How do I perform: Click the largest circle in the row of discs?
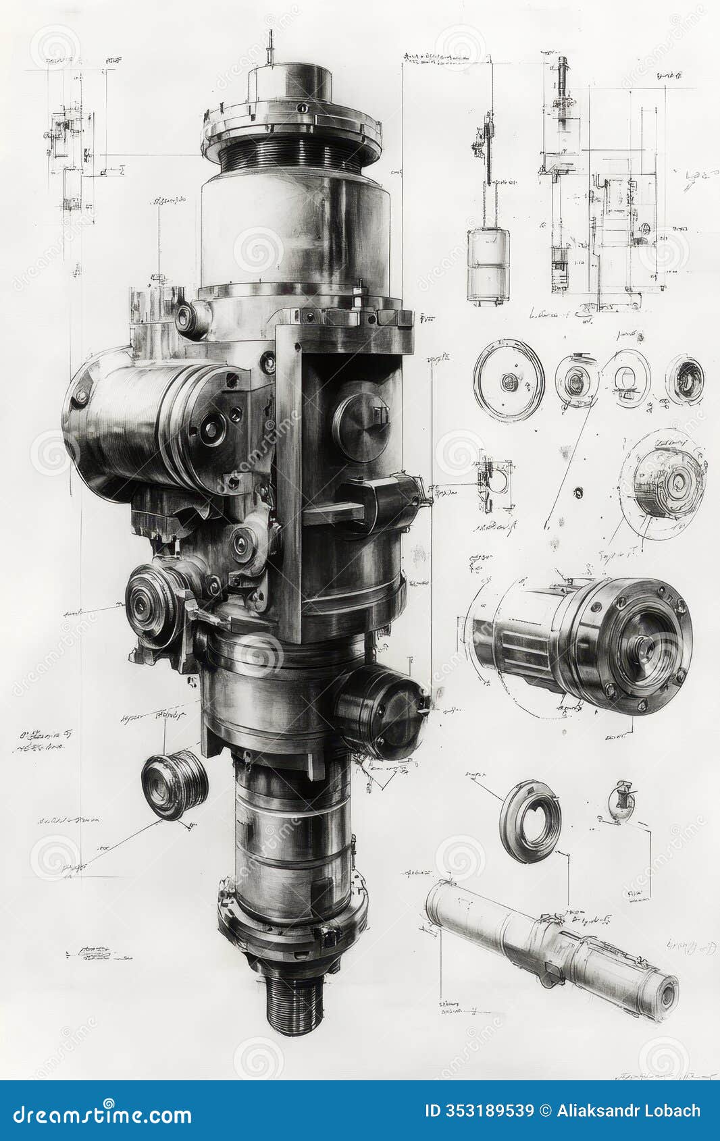[509, 381]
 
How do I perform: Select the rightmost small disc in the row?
[685, 379]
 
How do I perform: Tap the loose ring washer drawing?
[530, 821]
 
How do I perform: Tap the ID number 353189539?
[479, 1111]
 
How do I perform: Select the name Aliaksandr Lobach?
[628, 1111]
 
